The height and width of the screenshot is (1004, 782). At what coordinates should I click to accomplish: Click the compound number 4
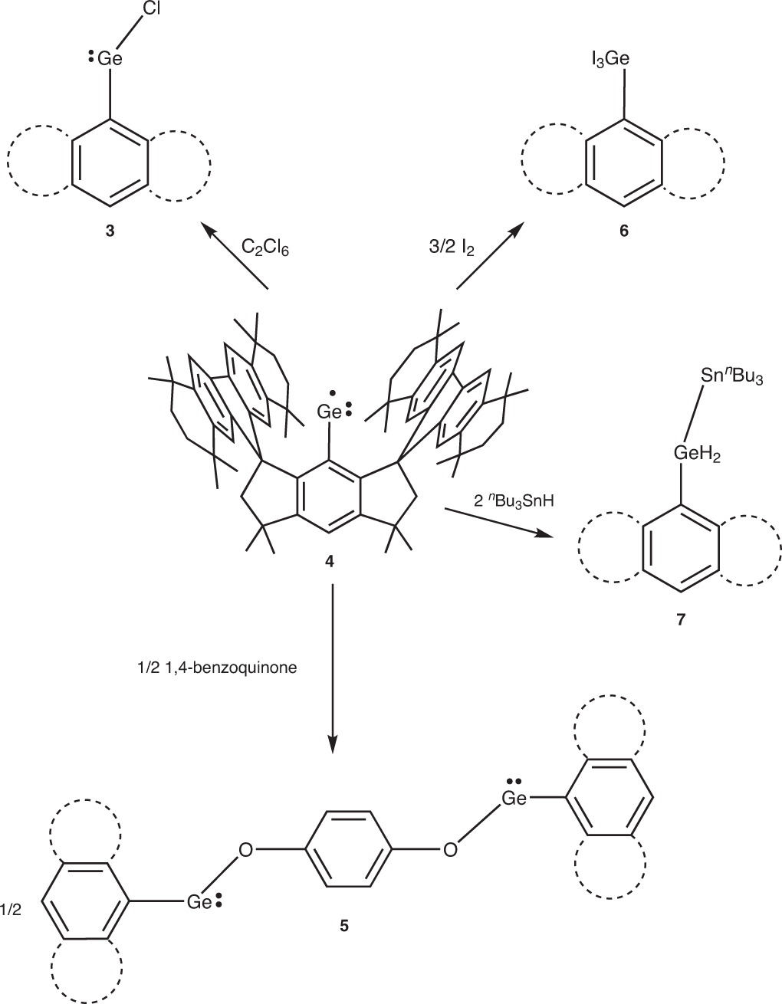coord(330,562)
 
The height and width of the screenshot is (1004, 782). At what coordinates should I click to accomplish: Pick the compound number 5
coord(343,925)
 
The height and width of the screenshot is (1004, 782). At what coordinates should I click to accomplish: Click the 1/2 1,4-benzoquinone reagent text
coord(215,667)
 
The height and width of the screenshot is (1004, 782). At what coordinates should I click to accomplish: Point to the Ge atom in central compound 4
coord(330,412)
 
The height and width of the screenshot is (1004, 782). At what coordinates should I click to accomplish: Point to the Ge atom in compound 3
coord(110,57)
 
